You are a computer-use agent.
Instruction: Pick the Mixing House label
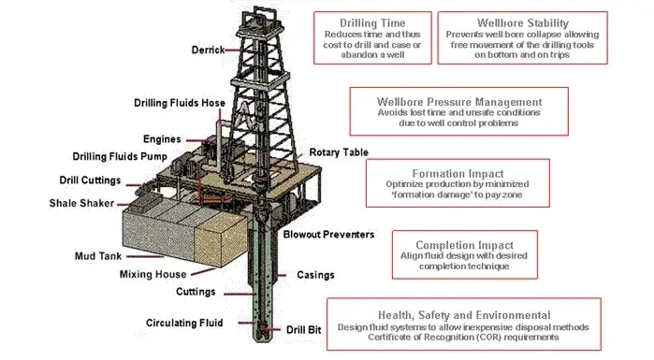coord(153,274)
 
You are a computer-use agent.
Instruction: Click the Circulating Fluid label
coord(184,324)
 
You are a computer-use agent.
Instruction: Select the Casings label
coord(317,275)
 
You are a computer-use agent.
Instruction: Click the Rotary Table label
coord(338,151)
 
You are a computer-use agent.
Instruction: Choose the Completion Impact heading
coord(452,244)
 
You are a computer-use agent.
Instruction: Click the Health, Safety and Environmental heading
coord(464,314)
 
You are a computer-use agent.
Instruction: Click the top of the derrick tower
coord(257,7)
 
